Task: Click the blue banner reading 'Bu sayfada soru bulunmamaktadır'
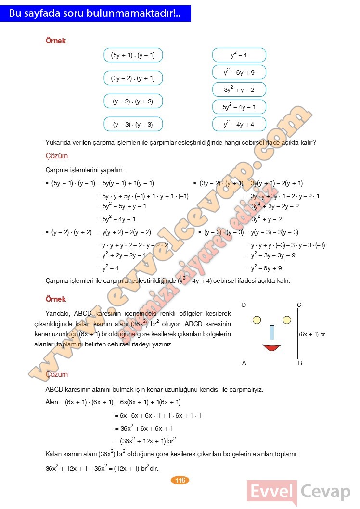[x=95, y=13]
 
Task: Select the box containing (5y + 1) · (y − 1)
[x=133, y=55]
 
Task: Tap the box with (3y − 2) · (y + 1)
[x=133, y=78]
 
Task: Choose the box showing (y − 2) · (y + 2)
[x=133, y=101]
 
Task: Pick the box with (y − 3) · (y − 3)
[x=133, y=124]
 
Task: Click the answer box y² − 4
[x=239, y=55]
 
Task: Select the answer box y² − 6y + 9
[x=239, y=73]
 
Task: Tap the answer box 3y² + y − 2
[x=239, y=89]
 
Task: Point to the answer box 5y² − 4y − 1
[x=239, y=107]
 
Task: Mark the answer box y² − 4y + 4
[x=239, y=124]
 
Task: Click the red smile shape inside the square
[x=271, y=347]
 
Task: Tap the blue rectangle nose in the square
[x=272, y=332]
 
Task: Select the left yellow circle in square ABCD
[x=257, y=320]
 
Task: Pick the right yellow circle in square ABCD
[x=287, y=320]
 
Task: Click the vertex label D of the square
[x=244, y=305]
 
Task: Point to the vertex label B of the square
[x=300, y=363]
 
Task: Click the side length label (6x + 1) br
[x=312, y=334]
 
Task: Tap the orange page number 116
[x=180, y=480]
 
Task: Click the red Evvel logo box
[x=272, y=492]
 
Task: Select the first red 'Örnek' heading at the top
[x=56, y=41]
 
